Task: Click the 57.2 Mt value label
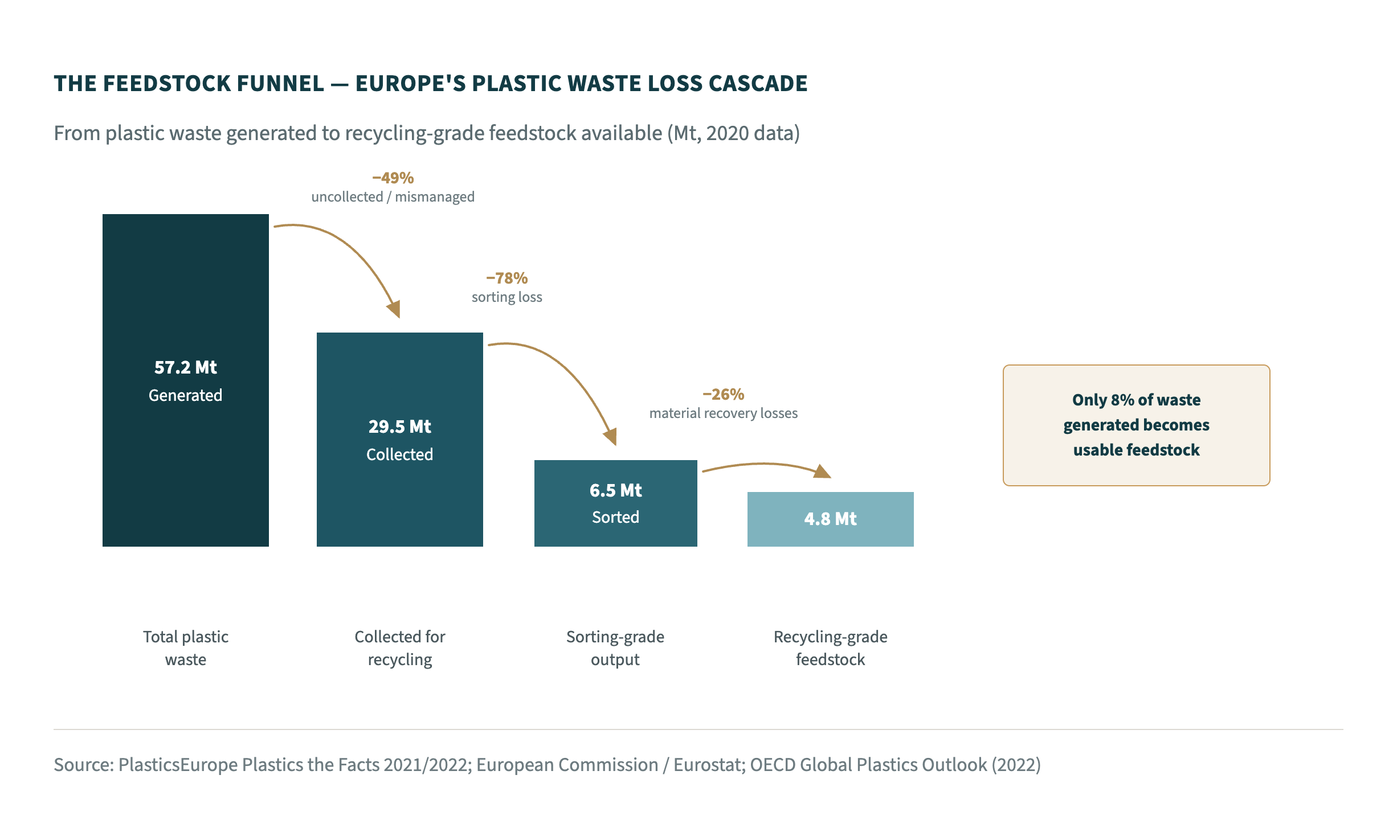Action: pos(186,367)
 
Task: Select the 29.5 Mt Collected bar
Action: pos(400,440)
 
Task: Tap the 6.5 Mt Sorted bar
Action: pos(616,503)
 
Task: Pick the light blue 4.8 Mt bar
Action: pos(831,519)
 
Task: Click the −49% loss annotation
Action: pos(393,178)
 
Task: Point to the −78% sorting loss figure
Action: pos(507,278)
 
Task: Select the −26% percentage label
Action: pos(724,394)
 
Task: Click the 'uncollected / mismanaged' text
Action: pos(393,197)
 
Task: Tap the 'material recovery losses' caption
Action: pos(724,413)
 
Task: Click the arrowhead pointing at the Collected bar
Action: pos(394,309)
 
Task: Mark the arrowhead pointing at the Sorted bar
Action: pos(611,436)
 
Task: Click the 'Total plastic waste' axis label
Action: pos(186,648)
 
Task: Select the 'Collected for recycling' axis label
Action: pos(400,648)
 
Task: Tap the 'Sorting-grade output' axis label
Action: pos(615,648)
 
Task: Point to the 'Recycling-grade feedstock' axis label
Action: pos(831,648)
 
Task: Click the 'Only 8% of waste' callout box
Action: pos(1137,425)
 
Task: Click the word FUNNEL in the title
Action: pos(280,84)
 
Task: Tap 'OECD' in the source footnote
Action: pos(773,765)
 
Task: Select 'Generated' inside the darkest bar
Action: pos(186,395)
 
